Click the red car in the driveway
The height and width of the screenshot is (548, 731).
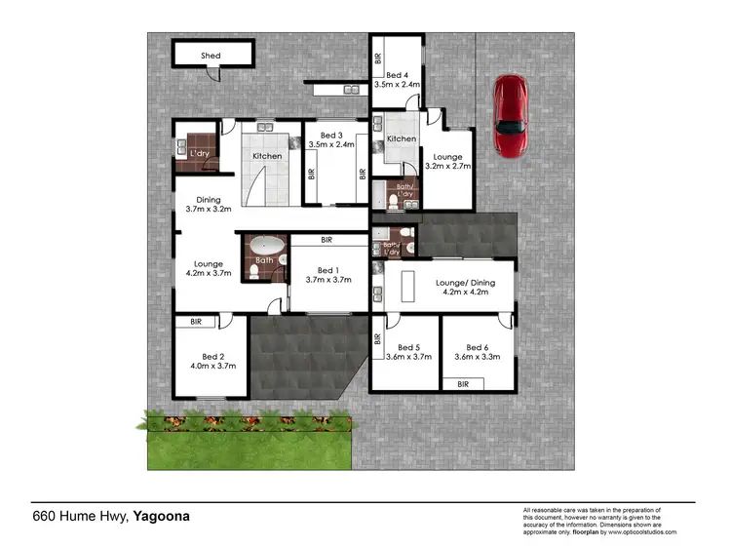[x=510, y=116]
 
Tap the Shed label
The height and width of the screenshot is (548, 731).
[x=211, y=57]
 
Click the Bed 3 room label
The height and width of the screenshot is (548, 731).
[x=330, y=139]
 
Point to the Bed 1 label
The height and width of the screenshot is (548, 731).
[x=322, y=274]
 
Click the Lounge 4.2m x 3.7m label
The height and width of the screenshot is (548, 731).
[x=208, y=269]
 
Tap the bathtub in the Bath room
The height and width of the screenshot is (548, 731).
[x=265, y=244]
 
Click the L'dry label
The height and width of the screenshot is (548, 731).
[x=199, y=154]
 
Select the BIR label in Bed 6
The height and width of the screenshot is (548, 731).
[x=463, y=385]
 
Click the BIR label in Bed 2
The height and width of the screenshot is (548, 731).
[x=196, y=321]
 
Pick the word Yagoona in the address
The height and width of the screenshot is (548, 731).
[x=160, y=517]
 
